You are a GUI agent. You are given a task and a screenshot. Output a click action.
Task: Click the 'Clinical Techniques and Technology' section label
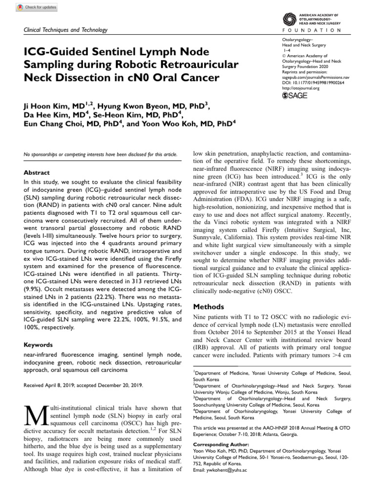[65, 30]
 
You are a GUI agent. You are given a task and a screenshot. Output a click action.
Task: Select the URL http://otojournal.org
[301, 88]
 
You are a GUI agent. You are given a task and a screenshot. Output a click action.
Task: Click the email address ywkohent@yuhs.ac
[220, 483]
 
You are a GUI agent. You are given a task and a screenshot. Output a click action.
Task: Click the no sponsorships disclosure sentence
[101, 154]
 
